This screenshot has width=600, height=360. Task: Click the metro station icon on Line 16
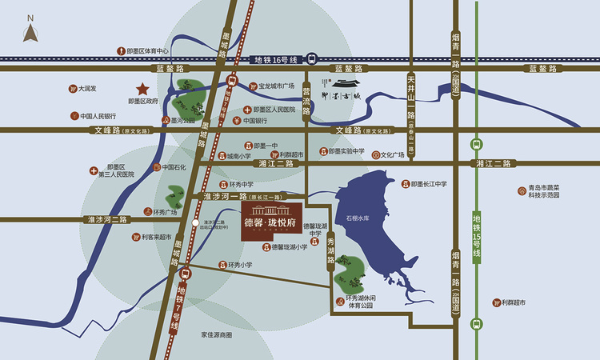coord(312,58)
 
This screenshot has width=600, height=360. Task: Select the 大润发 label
coord(86,89)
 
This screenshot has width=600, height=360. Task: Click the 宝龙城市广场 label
coord(276,86)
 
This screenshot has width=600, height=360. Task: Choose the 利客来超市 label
coord(155,237)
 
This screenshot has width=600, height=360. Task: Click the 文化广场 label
coord(392,155)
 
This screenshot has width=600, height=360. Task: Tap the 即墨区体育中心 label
coord(149,50)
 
